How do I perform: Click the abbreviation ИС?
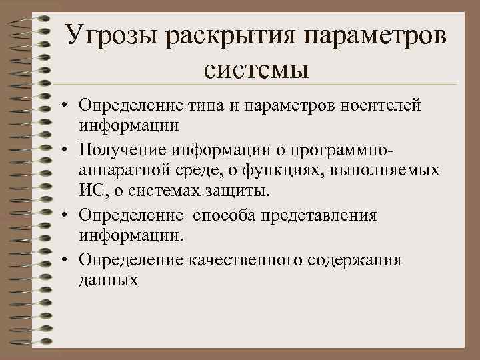[x=89, y=192]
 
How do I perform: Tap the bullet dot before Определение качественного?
[x=68, y=259]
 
